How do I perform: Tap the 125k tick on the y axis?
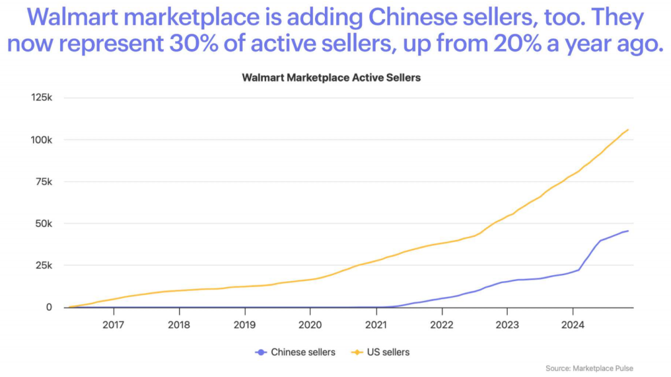pyautogui.click(x=42, y=98)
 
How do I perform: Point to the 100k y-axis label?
pyautogui.click(x=42, y=139)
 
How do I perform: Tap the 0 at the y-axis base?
pyautogui.click(x=50, y=307)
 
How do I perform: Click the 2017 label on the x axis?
pyautogui.click(x=113, y=324)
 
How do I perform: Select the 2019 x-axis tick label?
pyautogui.click(x=244, y=324)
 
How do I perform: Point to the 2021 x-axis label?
pyautogui.click(x=376, y=324)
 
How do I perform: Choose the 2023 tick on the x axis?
pyautogui.click(x=507, y=324)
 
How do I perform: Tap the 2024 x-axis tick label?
pyautogui.click(x=573, y=324)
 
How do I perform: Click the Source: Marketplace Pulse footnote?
pyautogui.click(x=589, y=368)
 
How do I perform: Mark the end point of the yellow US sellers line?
pyautogui.click(x=628, y=129)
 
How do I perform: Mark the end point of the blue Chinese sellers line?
pyautogui.click(x=628, y=231)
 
